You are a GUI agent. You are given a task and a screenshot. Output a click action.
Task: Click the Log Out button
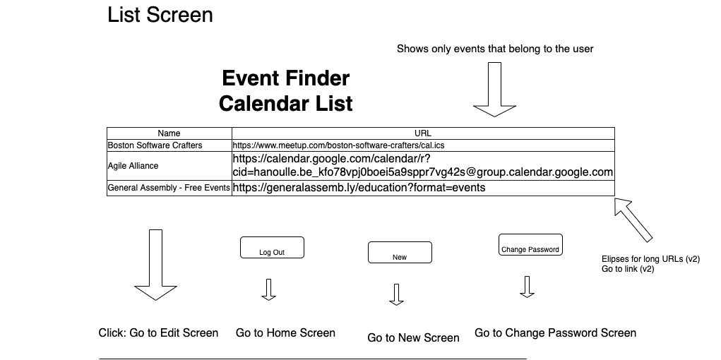[272, 248]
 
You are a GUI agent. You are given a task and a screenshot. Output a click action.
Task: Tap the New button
[399, 253]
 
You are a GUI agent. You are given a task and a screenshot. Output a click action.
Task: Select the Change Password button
[530, 244]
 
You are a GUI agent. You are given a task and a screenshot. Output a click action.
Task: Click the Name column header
[169, 133]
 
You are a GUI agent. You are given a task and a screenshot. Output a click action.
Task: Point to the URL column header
[422, 133]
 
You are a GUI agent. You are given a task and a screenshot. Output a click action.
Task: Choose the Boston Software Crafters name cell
[169, 145]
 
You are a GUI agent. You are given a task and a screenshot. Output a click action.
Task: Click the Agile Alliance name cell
[169, 166]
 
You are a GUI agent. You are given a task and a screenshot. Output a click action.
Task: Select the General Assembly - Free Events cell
[169, 188]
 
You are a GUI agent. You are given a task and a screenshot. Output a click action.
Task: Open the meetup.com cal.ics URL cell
[422, 145]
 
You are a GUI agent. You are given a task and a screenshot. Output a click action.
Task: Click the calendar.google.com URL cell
[422, 166]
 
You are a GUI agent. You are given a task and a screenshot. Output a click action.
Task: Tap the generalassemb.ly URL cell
[422, 188]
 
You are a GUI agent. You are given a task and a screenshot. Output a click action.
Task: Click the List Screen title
[160, 15]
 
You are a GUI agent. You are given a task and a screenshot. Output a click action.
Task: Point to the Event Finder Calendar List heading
[285, 90]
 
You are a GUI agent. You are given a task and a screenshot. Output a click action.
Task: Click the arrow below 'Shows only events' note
[494, 89]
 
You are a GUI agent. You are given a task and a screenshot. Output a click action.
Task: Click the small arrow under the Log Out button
[268, 289]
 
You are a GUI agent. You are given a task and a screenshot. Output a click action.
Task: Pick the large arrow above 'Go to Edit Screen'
[155, 265]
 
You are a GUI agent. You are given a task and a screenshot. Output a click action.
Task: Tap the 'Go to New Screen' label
[413, 338]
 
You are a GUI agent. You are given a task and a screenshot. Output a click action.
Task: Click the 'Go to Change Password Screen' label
[555, 333]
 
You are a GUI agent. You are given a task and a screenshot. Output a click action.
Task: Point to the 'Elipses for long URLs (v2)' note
[650, 259]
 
